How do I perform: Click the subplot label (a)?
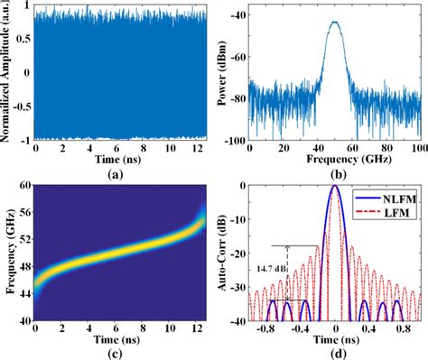coord(118,172)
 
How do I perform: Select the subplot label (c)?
coord(118,351)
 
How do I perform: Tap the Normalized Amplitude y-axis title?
coord(8,74)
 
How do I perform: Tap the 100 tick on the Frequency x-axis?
coord(418,146)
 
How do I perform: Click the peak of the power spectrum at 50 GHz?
coord(336,23)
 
